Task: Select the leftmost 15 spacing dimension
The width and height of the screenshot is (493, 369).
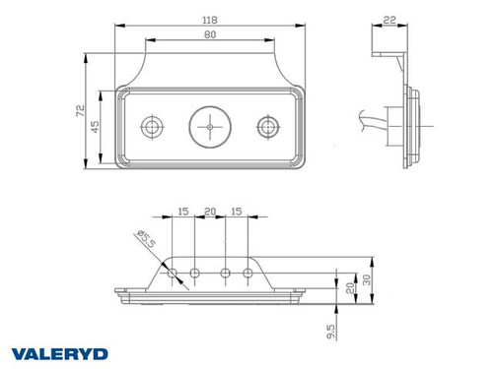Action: click(183, 211)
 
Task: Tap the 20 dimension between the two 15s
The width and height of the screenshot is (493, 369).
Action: click(210, 211)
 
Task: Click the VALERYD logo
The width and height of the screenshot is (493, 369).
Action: click(60, 352)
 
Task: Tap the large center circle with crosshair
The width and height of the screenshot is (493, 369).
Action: click(209, 126)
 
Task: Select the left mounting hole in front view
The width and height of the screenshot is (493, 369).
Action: click(151, 126)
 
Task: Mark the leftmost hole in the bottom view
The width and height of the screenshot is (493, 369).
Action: click(173, 273)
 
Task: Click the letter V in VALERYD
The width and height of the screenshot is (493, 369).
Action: click(22, 352)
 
